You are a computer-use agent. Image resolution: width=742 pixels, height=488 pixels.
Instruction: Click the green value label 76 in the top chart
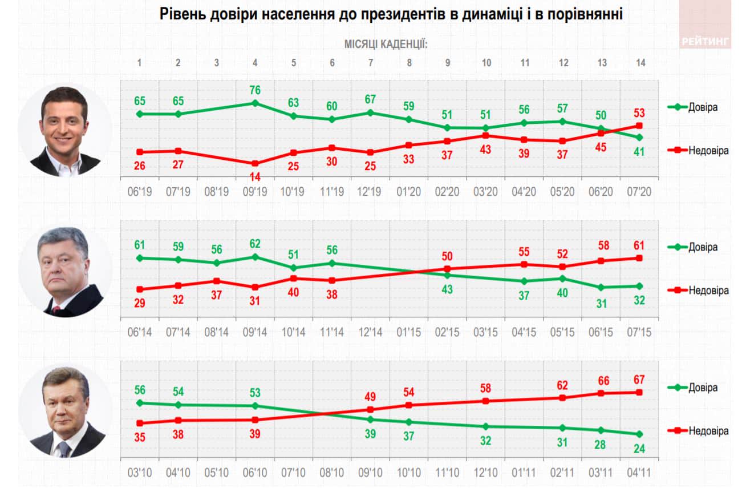click(x=256, y=90)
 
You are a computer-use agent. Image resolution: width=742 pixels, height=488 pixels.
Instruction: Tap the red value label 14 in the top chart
click(x=256, y=176)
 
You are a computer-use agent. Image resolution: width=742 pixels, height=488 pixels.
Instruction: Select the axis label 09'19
click(x=255, y=191)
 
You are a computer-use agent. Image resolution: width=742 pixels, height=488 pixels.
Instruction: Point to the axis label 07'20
click(x=639, y=191)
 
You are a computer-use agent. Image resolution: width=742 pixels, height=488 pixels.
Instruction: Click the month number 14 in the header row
click(x=640, y=63)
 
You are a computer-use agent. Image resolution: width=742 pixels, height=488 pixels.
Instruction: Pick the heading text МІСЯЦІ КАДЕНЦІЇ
click(x=386, y=44)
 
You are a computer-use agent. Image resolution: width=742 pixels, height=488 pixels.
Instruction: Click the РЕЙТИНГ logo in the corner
click(x=705, y=41)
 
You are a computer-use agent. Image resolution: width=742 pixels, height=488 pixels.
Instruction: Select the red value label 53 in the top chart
click(x=639, y=112)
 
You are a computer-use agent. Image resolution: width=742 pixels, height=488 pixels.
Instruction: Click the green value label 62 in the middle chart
click(x=256, y=244)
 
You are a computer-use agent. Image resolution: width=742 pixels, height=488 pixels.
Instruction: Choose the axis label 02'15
click(x=448, y=332)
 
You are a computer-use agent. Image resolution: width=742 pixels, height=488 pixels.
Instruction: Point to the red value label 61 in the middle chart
click(x=639, y=245)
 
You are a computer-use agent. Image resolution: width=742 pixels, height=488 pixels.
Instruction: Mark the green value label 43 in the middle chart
click(x=448, y=289)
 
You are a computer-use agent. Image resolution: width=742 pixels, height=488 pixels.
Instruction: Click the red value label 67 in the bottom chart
click(x=639, y=380)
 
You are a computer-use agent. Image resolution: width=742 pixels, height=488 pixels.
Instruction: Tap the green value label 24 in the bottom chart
click(x=639, y=448)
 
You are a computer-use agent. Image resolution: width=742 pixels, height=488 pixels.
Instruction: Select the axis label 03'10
click(x=140, y=473)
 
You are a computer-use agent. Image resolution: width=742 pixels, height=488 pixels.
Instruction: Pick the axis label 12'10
click(x=486, y=473)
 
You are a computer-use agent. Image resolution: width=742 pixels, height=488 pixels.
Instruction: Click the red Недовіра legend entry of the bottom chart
click(x=699, y=431)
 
